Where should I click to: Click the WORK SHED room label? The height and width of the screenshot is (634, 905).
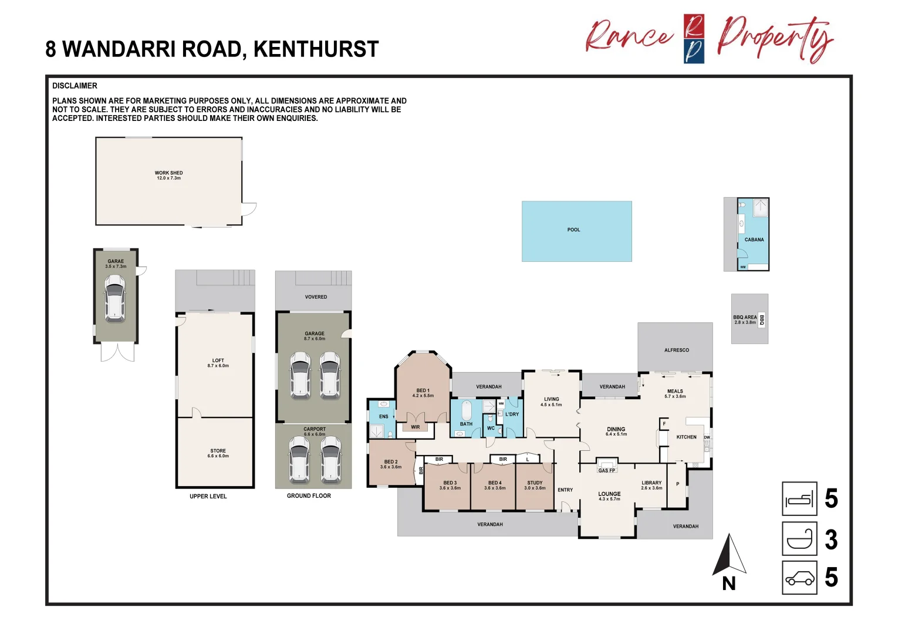coord(168,173)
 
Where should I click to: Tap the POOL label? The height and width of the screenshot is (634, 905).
coord(573,230)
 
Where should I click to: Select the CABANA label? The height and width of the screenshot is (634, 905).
coord(754,240)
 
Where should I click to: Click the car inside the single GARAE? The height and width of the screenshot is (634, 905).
coord(115,298)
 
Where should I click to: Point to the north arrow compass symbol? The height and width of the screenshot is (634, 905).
coord(729,555)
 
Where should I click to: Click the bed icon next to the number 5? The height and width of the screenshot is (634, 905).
coord(799,499)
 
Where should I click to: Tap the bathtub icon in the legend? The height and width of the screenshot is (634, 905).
coord(799,539)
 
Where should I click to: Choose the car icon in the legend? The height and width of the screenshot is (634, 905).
coord(799,578)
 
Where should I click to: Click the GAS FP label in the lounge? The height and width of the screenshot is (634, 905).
coord(607,470)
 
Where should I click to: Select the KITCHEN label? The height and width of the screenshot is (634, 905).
coord(686,437)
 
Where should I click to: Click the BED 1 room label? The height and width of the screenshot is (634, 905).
coord(423,390)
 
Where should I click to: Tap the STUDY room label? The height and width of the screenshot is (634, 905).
coord(535,483)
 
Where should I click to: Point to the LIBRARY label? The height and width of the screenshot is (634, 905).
coord(651,483)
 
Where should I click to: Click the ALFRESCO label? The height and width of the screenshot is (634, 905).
coord(676,350)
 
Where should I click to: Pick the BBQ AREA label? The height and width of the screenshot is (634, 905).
coord(745,317)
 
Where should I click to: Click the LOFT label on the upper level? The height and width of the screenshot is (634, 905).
coord(218,360)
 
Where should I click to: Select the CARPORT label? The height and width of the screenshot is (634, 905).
coord(315,429)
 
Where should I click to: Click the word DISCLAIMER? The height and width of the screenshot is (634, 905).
coord(75,86)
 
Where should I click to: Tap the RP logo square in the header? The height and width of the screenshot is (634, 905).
coord(694,39)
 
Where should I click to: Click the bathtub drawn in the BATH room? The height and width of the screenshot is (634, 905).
coord(466,410)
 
